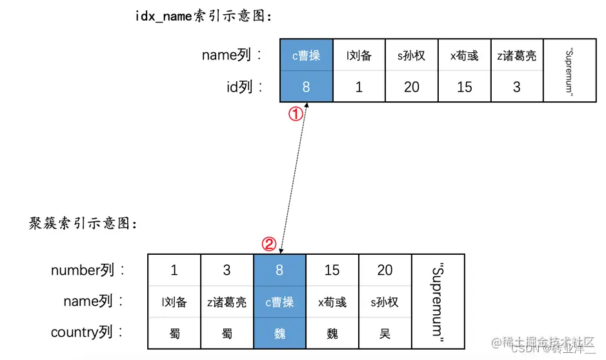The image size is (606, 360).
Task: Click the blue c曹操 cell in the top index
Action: click(306, 56)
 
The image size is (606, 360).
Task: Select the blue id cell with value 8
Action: click(306, 87)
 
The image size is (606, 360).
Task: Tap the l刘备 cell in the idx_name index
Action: click(359, 56)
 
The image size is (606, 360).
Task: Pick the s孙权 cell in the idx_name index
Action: click(411, 56)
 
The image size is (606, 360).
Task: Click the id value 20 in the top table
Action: click(411, 87)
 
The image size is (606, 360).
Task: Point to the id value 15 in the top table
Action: click(464, 87)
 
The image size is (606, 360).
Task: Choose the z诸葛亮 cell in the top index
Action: click(516, 56)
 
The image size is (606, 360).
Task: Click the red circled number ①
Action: click(295, 114)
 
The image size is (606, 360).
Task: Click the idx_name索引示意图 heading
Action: click(203, 17)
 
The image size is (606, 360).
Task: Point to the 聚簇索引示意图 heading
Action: click(83, 224)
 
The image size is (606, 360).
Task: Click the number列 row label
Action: click(87, 270)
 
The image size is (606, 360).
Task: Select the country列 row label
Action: click(87, 333)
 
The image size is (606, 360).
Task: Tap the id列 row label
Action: click(243, 87)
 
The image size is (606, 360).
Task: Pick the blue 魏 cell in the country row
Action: click(279, 334)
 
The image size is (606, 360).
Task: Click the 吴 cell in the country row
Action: click(385, 334)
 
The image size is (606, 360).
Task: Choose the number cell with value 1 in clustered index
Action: click(174, 270)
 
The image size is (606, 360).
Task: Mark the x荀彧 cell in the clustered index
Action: click(332, 302)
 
